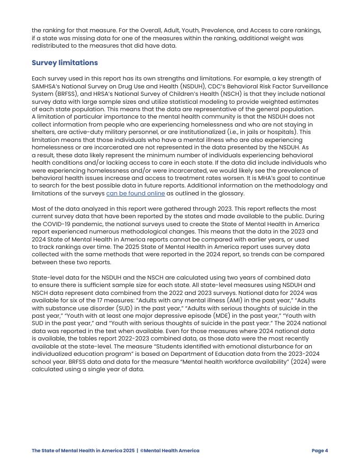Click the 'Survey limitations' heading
click(65, 62)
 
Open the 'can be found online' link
click(136, 193)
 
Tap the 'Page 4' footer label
click(320, 451)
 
